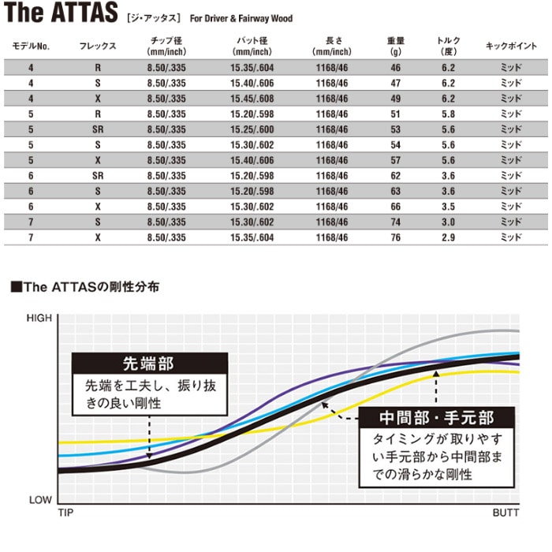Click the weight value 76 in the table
point(395,235)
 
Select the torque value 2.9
point(448,235)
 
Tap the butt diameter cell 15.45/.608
point(252,99)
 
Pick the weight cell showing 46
point(395,68)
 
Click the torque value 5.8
point(448,114)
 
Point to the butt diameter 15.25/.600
point(252,129)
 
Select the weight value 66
point(395,205)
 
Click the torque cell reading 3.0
point(448,220)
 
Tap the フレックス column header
point(97,47)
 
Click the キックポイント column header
point(511,47)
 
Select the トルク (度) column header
point(448,46)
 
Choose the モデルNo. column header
point(31,47)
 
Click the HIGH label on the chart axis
point(39,318)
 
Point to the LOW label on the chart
point(40,500)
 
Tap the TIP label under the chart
point(65,513)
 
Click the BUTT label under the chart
point(505,513)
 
